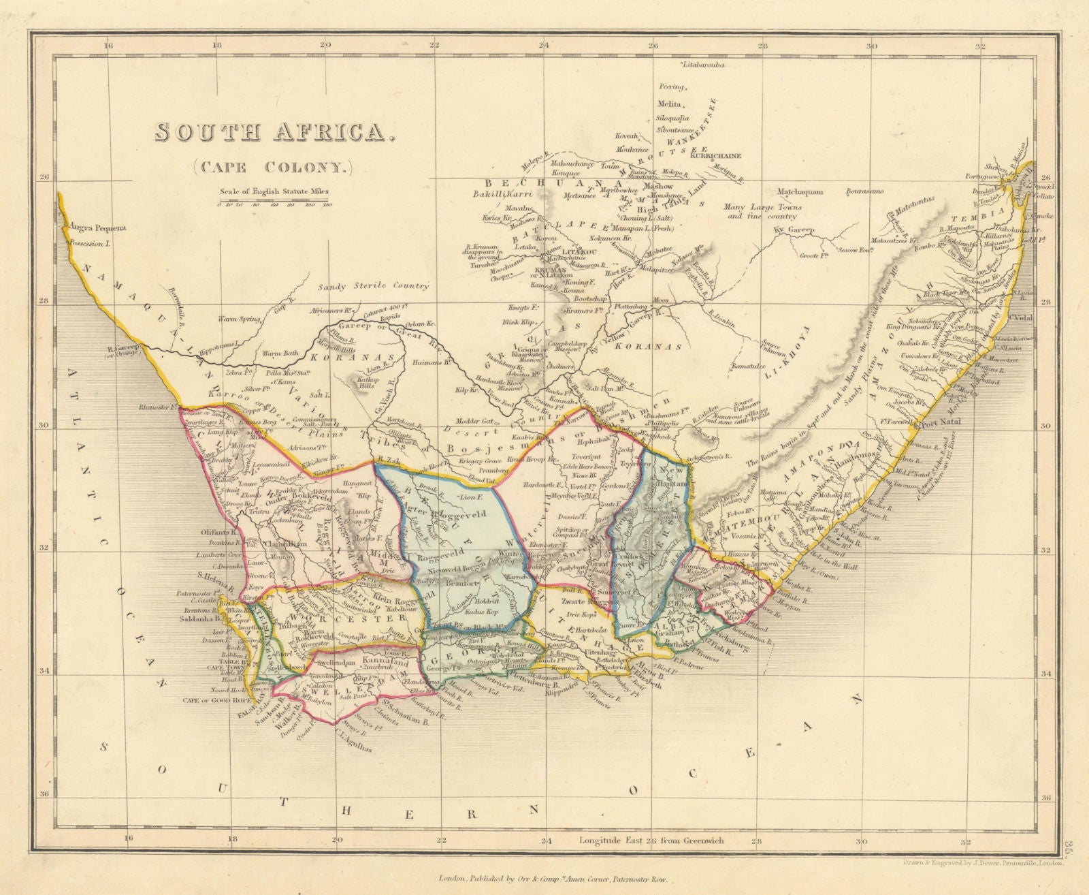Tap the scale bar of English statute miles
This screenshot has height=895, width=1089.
(x=274, y=203)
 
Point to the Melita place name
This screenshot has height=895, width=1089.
(x=668, y=104)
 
